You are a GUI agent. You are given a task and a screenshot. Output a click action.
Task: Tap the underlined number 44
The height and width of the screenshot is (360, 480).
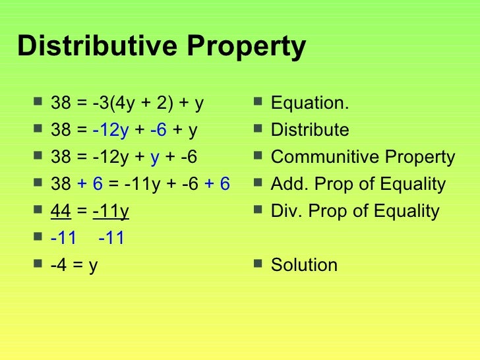click(x=61, y=211)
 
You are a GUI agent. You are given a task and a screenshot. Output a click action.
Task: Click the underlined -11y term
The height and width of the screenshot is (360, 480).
click(x=111, y=212)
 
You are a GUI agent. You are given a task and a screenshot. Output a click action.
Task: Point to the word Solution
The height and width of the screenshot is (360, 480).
click(x=304, y=265)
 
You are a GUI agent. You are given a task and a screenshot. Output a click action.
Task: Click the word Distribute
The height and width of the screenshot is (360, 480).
click(x=310, y=131)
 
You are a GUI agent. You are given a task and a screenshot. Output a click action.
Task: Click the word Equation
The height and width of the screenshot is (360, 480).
click(x=310, y=104)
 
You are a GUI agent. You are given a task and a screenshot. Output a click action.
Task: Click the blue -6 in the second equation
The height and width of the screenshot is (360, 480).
click(x=158, y=131)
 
